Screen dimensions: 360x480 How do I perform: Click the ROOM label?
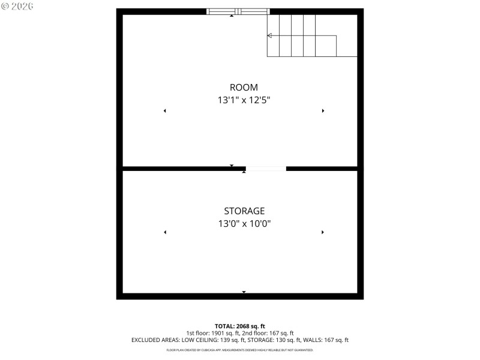pos(244,88)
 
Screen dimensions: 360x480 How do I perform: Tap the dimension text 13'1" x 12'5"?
pos(244,100)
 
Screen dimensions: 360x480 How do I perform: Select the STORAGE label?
pos(244,211)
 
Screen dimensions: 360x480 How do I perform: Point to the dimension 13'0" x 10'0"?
pos(244,224)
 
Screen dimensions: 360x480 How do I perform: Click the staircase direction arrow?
pos(270,36)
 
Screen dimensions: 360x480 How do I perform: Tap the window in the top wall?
pos(238,11)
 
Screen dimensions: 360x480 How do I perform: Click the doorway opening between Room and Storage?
pos(266,169)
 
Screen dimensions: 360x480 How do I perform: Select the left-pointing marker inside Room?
pos(164,111)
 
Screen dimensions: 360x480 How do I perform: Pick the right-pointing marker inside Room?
pos(323,111)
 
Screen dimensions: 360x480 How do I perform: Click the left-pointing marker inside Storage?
pos(165,232)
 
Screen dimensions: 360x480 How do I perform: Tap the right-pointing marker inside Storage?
pos(323,232)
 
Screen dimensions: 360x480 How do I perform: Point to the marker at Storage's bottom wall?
pos(244,292)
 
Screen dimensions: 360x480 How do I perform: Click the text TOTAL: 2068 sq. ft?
pos(240,326)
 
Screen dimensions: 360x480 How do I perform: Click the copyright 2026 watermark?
pos(17,5)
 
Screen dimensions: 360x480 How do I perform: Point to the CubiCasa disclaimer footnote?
pos(240,350)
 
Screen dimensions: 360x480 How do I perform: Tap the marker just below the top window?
pos(232,16)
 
